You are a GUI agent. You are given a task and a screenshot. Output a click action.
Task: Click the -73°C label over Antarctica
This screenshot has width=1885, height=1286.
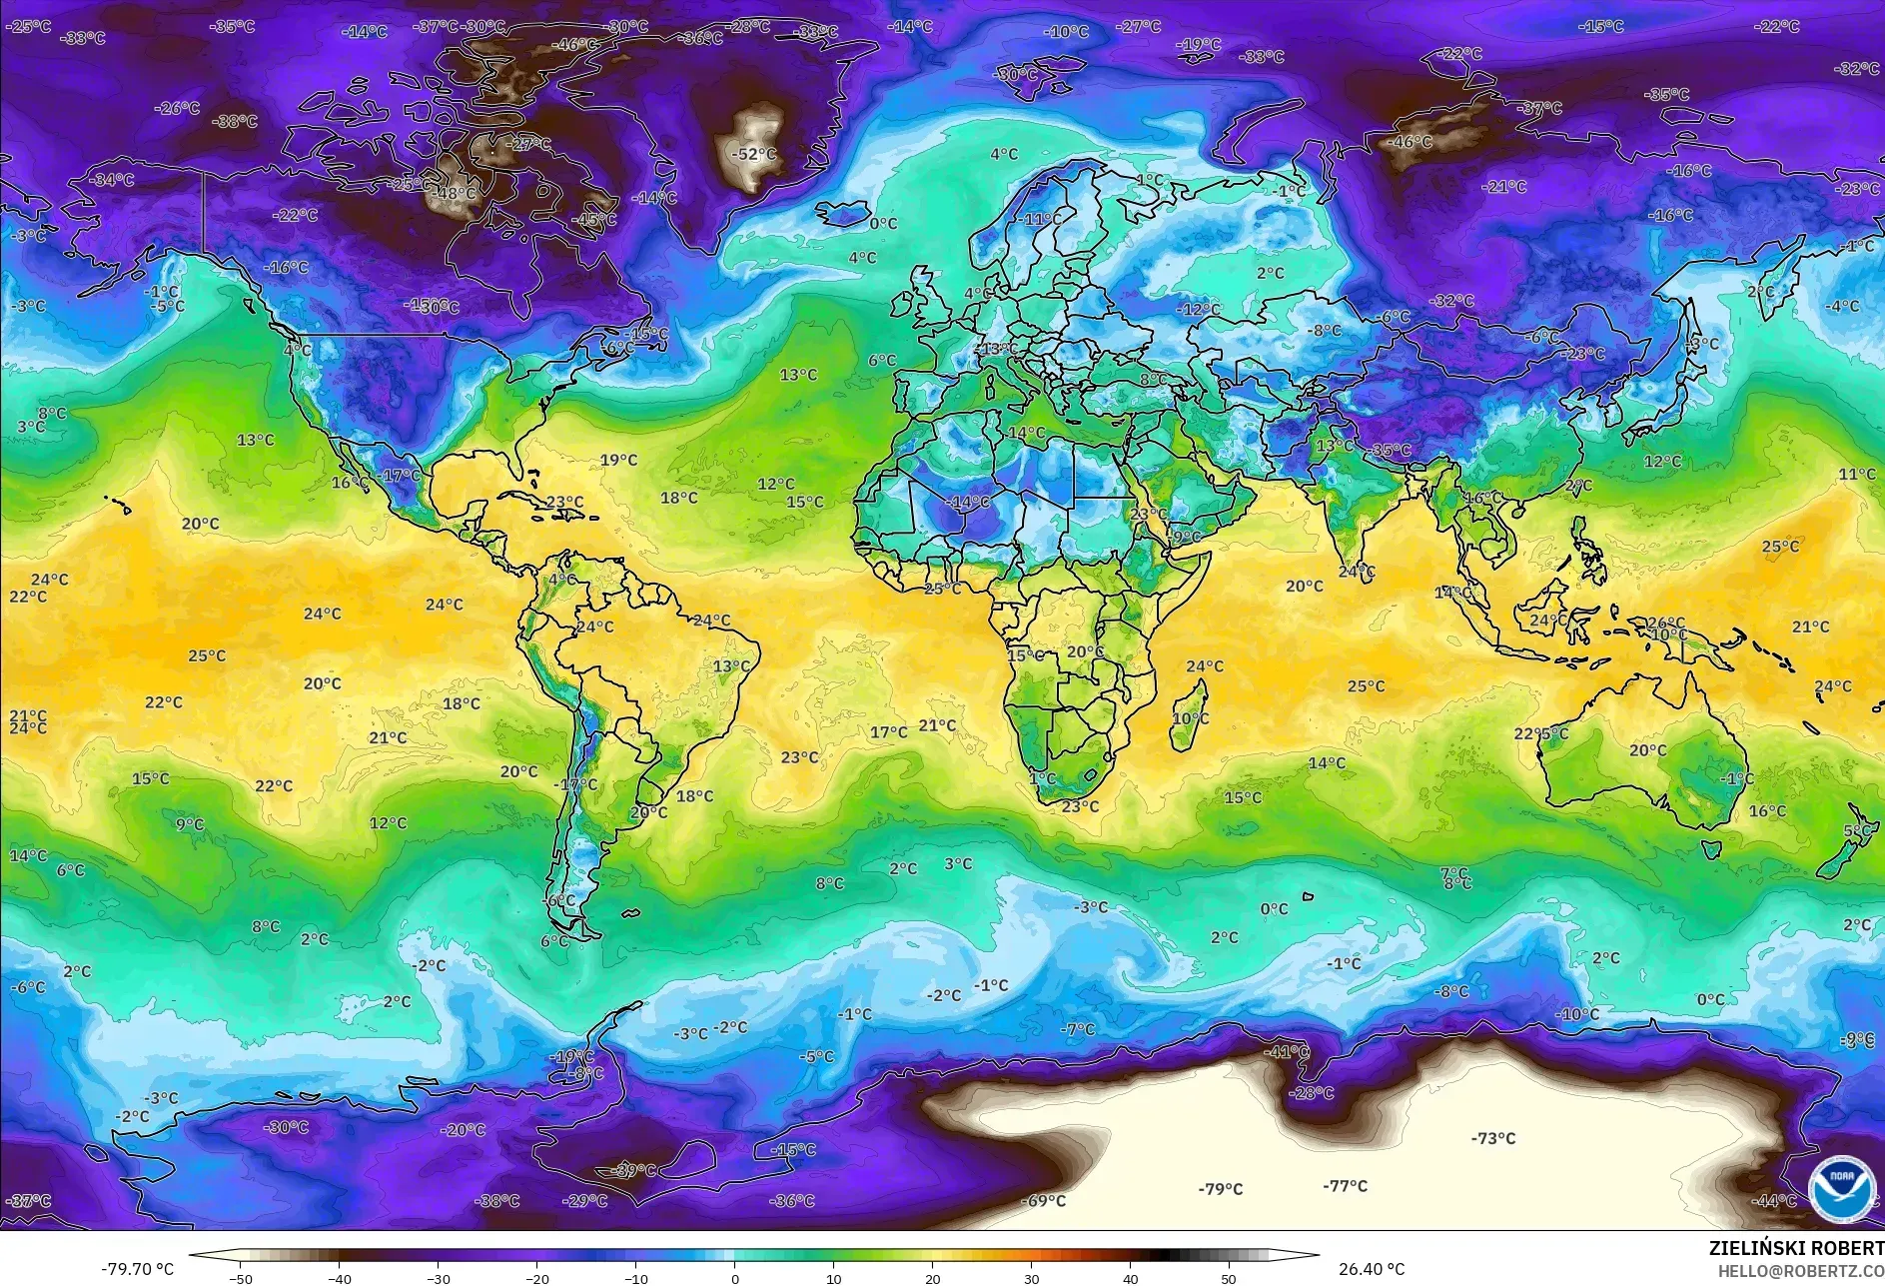(x=1492, y=1138)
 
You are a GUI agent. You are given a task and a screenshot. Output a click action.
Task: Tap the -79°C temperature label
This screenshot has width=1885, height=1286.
(x=1220, y=1189)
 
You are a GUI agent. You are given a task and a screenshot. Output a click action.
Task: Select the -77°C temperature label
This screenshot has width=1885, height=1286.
(x=1345, y=1186)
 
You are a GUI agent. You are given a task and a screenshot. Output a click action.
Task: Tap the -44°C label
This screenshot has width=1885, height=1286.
(x=1773, y=1201)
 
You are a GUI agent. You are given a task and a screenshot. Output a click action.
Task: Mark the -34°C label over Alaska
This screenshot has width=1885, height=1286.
(x=111, y=180)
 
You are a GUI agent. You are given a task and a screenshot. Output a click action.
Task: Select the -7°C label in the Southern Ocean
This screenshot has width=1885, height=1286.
(x=1078, y=1029)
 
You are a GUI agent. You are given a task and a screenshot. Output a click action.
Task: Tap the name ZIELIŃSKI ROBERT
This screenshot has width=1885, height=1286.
(x=1795, y=1248)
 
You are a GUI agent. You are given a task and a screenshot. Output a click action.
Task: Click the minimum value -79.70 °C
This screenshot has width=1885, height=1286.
(x=137, y=1269)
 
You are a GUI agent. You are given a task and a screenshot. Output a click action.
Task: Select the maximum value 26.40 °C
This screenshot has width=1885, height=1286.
(x=1371, y=1269)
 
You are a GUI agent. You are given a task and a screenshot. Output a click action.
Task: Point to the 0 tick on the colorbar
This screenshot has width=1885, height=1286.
(x=735, y=1278)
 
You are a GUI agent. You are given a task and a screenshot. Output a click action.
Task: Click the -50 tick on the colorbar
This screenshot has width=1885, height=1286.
(x=241, y=1278)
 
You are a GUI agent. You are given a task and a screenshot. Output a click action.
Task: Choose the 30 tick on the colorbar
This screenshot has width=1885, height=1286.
(x=1031, y=1278)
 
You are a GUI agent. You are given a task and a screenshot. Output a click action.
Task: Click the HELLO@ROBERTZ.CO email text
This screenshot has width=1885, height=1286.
(x=1800, y=1271)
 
